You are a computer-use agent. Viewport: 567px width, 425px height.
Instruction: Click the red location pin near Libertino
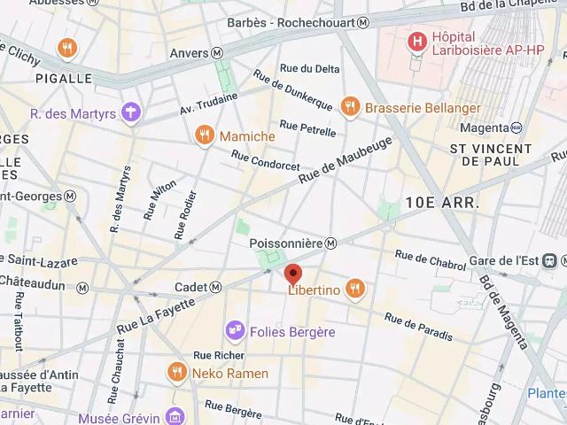coord(293,274)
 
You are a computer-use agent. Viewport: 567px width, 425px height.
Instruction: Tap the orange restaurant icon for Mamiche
coord(205,135)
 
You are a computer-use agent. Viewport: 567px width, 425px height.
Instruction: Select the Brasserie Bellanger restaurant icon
coord(351,106)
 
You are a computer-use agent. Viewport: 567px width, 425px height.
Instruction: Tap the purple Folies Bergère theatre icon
coord(236,331)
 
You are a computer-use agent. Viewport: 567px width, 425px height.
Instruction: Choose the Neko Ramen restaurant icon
coord(177,373)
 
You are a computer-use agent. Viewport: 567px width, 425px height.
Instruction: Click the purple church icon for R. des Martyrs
coord(132,112)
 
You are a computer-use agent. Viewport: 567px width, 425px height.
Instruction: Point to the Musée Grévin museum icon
coord(175,416)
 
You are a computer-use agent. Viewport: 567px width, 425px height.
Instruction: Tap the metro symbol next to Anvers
coord(217,53)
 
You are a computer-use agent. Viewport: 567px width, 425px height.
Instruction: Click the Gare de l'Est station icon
coord(550,260)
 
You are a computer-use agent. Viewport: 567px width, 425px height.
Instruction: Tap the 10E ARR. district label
coord(442,203)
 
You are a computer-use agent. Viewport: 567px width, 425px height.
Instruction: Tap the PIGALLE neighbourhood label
coord(64,78)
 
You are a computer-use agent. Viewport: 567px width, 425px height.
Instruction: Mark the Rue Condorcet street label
coord(265,160)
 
